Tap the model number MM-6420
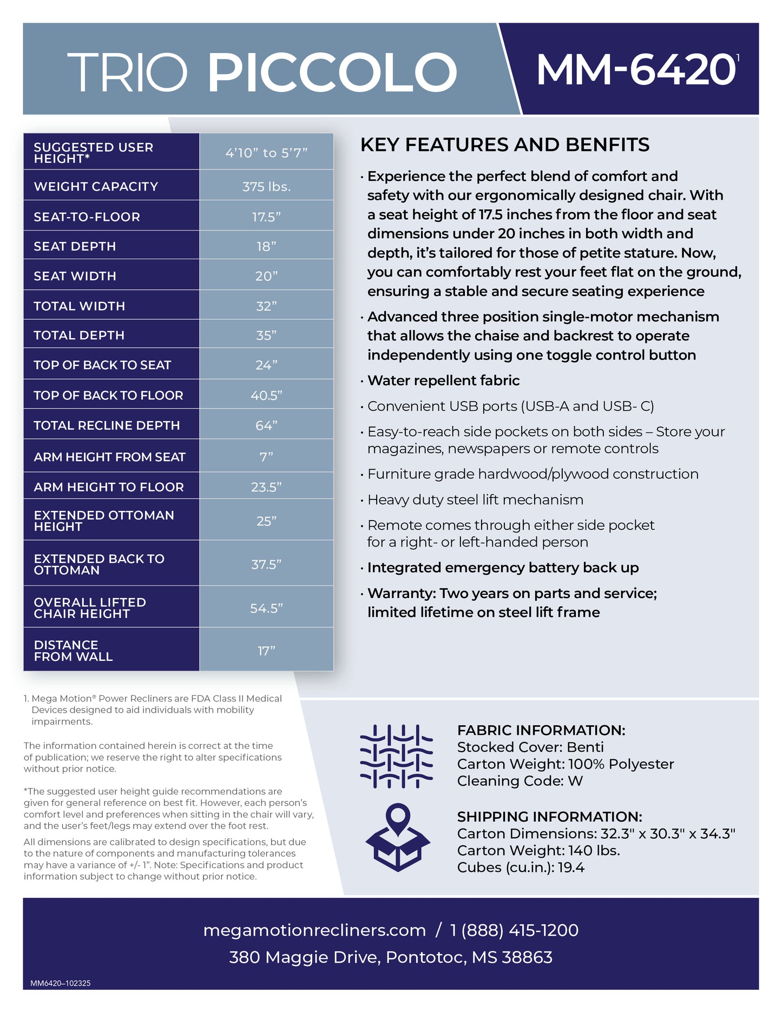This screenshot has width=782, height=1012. [635, 70]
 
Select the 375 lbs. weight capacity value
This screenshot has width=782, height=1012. [266, 187]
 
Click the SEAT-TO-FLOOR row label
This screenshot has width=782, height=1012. [87, 217]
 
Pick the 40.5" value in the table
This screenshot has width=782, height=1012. [266, 396]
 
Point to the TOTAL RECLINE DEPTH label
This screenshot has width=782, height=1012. [107, 425]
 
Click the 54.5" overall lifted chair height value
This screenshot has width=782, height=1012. [266, 608]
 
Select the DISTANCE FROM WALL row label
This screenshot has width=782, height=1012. [73, 650]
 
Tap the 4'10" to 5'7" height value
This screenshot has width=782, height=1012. [266, 153]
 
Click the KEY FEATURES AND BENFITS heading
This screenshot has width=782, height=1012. [504, 145]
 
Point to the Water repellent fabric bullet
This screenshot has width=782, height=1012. [443, 380]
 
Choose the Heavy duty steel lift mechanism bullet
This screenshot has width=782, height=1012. [475, 500]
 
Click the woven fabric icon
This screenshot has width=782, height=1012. [397, 755]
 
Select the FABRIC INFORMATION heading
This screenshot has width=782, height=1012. [541, 730]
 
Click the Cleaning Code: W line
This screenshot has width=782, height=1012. [520, 781]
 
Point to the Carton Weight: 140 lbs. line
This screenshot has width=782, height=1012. [538, 850]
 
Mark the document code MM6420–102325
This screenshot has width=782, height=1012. [61, 983]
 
